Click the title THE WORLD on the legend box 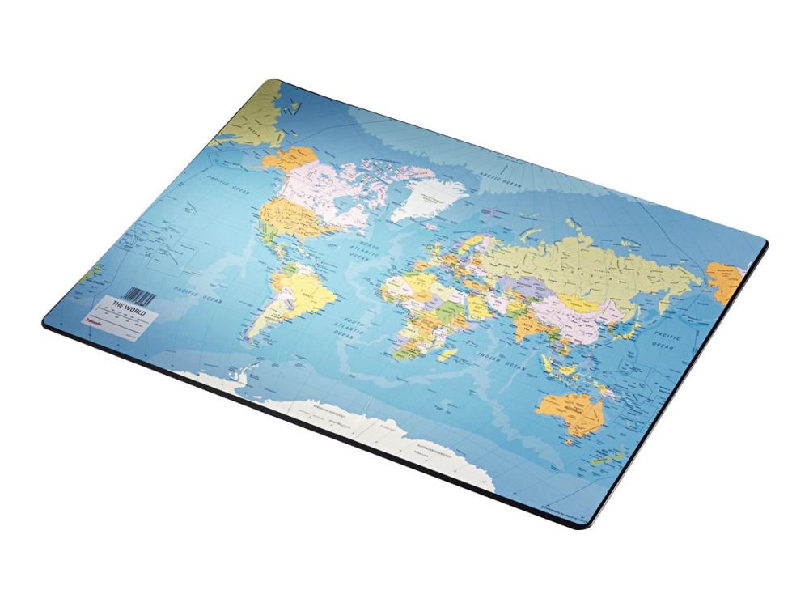(127, 306)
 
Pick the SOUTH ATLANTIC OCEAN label (354, 328)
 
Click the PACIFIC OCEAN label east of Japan (664, 341)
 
